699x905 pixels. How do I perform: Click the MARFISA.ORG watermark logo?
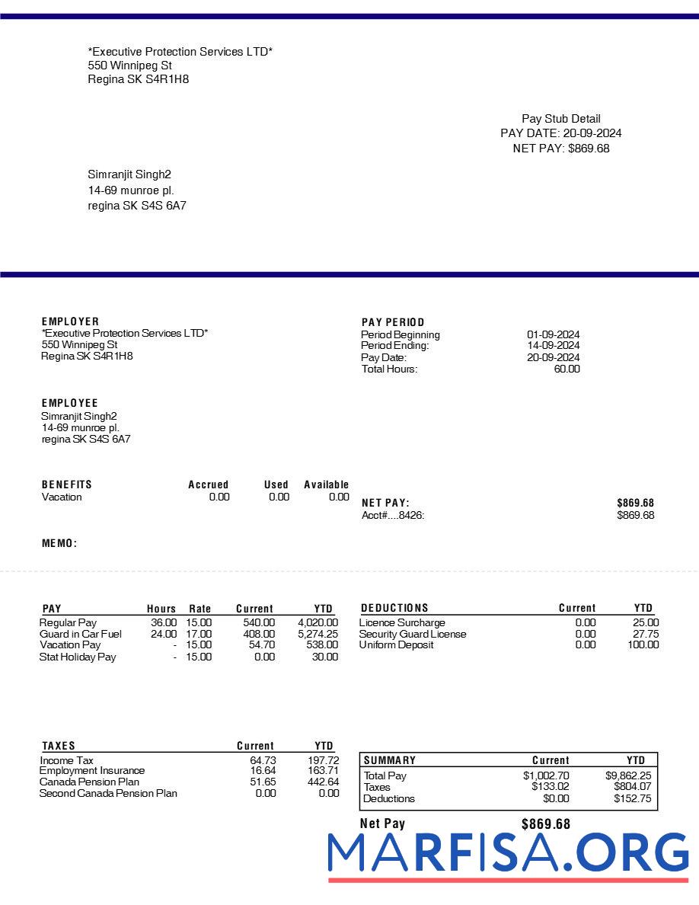click(x=508, y=853)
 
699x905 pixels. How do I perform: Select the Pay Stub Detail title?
click(x=560, y=119)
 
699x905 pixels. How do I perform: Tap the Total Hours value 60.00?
click(x=567, y=369)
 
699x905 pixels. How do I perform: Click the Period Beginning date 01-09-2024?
click(x=553, y=334)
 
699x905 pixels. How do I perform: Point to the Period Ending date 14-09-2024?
click(x=553, y=346)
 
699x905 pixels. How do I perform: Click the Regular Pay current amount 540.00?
click(x=259, y=622)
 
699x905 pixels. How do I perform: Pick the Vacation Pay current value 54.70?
click(x=262, y=645)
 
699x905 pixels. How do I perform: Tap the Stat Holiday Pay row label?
click(x=78, y=657)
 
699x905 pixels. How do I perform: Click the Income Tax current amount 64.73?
click(x=263, y=760)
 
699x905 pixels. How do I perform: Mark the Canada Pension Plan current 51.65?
click(x=263, y=782)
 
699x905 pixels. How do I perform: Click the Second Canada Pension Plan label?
click(x=108, y=793)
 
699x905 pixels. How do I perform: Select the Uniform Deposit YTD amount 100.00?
click(x=643, y=645)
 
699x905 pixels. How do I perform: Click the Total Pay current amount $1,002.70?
click(x=546, y=776)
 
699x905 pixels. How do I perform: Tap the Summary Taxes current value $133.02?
click(x=550, y=787)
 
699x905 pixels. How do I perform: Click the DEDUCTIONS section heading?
click(x=394, y=608)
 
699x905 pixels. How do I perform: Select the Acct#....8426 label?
click(x=393, y=515)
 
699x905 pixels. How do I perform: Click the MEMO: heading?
click(x=59, y=543)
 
